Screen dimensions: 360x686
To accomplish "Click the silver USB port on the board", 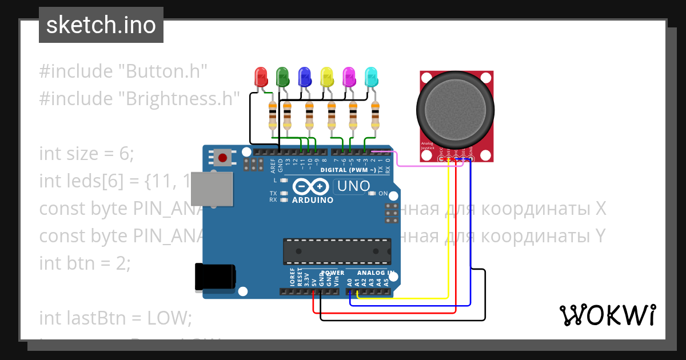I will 212,189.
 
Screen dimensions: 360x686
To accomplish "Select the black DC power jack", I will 215,277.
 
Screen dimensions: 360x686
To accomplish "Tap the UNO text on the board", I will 353,186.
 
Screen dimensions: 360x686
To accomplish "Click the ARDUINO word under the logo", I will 313,201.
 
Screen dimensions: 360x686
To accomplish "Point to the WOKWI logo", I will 607,315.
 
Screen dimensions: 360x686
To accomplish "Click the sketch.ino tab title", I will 101,25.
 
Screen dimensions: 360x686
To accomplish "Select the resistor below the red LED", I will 272,116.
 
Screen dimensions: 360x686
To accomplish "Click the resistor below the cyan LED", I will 375,116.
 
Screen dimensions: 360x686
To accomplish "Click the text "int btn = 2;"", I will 85,263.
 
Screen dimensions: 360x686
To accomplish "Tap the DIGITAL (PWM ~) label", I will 348,170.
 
